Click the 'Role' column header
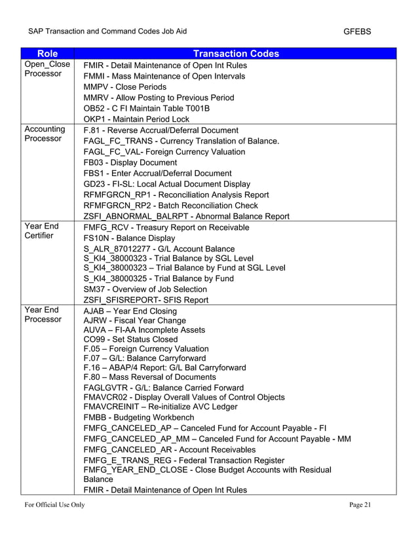tap(47, 54)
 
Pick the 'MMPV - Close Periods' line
tap(125, 86)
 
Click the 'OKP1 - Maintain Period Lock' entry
tap(136, 119)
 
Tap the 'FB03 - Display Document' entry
tap(130, 162)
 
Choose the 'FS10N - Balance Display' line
tap(130, 238)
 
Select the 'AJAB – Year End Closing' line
tap(130, 310)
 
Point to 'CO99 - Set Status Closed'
tap(131, 339)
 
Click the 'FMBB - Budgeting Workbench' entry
tap(139, 417)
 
